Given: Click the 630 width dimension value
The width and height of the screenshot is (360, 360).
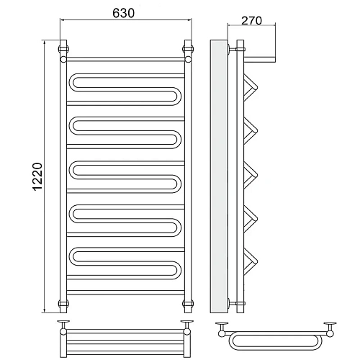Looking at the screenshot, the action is pos(124,14).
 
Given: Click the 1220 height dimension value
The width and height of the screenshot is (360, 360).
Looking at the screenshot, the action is pos(37,176).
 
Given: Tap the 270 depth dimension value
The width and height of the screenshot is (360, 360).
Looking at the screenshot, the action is pos(251,21).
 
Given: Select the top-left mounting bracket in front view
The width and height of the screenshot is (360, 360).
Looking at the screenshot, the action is pos(63,49).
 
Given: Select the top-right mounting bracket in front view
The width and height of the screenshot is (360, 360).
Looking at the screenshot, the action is pos(188,49).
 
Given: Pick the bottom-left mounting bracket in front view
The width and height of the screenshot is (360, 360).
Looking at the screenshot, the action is pos(63,303).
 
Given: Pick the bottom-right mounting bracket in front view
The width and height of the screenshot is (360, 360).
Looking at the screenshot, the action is pos(188,303).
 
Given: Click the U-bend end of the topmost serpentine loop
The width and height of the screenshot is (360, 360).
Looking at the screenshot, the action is pos(178,96).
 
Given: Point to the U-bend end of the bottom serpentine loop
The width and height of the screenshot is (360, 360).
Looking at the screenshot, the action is pos(178,271).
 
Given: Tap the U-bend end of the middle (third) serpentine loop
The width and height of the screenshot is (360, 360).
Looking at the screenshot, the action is pos(178,184).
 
